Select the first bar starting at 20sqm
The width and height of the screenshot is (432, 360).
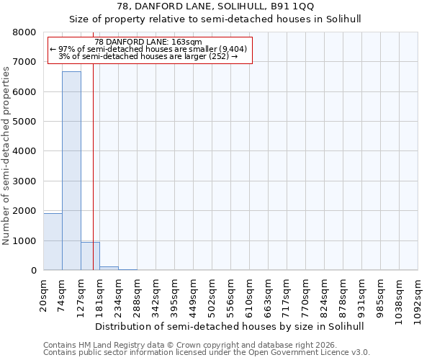point(53,241)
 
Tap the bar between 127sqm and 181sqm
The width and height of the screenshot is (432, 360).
point(90,256)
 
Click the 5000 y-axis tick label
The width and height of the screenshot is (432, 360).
point(25,122)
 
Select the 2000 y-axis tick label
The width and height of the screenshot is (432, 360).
point(25,211)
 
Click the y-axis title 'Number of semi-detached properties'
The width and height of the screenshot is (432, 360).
point(6,151)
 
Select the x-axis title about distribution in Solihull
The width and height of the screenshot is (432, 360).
point(230,326)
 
